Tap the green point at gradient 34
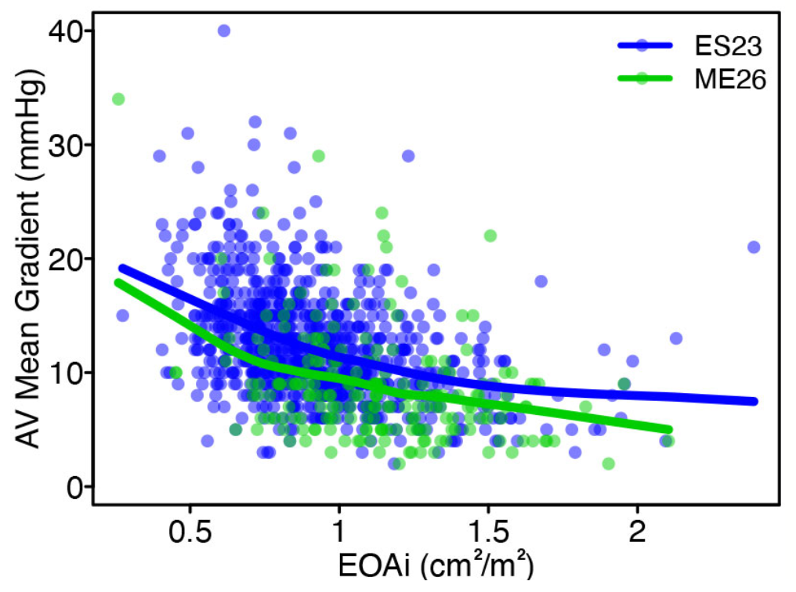pos(118,99)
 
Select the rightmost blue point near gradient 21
pos(754,247)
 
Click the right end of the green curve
pos(670,430)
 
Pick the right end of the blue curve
pos(754,401)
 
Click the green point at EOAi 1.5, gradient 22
pos(490,236)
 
